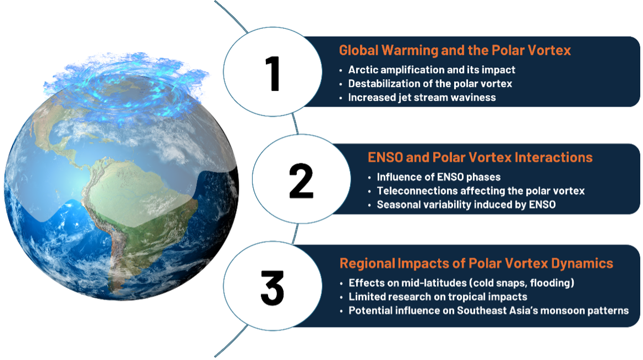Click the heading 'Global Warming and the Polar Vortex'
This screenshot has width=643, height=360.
coord(455,50)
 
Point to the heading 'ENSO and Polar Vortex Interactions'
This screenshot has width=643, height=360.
coord(480,157)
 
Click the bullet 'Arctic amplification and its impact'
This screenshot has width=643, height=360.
coord(431,70)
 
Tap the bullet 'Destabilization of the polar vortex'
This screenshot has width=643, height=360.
coord(430,84)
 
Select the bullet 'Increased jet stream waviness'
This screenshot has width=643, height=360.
coord(421,97)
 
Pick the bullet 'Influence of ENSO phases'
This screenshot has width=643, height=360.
coord(439,177)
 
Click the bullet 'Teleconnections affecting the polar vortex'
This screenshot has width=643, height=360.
coord(481,191)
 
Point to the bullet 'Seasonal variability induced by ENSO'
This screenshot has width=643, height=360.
coord(466,204)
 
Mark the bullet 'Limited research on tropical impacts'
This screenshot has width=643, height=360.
coord(438,297)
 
